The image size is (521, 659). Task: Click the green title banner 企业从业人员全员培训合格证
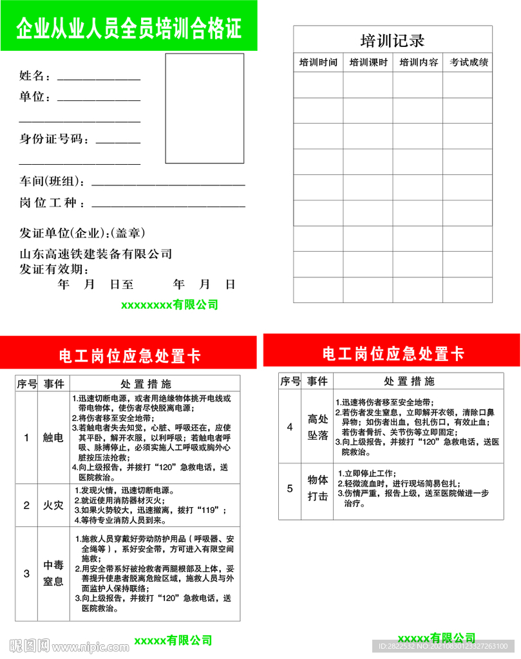pyautogui.click(x=128, y=28)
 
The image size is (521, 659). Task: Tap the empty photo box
pyautogui.click(x=205, y=108)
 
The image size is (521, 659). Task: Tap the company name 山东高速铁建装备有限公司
pyautogui.click(x=96, y=254)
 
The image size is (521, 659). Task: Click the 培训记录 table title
pyautogui.click(x=392, y=41)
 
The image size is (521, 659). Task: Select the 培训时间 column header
pyautogui.click(x=318, y=62)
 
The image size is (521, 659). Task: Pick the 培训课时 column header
pyautogui.click(x=368, y=62)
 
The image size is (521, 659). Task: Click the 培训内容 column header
pyautogui.click(x=418, y=62)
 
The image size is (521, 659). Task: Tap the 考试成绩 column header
pyautogui.click(x=468, y=62)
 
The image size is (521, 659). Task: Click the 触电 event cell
pyautogui.click(x=53, y=438)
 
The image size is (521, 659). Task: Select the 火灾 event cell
pyautogui.click(x=53, y=505)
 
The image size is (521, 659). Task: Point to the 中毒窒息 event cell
pyautogui.click(x=53, y=573)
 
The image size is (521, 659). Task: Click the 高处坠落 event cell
pyautogui.click(x=317, y=427)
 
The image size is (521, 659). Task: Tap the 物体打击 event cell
pyautogui.click(x=317, y=488)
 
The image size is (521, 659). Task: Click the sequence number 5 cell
pyautogui.click(x=290, y=488)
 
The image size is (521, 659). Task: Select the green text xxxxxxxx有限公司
pyautogui.click(x=169, y=304)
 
